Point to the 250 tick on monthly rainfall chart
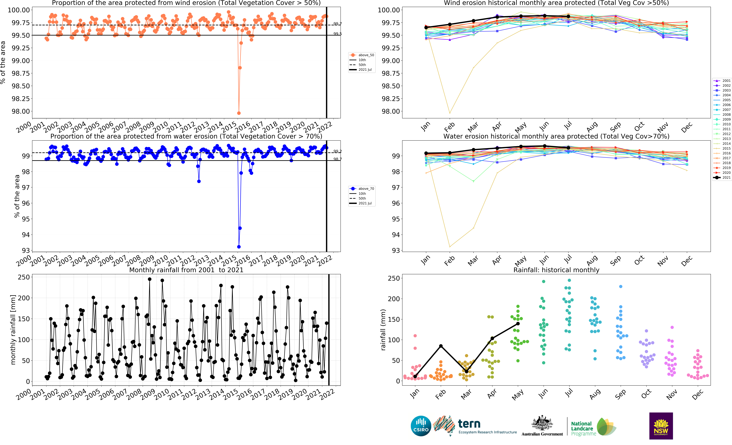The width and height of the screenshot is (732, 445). pyautogui.click(x=24, y=277)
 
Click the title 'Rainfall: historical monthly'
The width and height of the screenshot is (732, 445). pyautogui.click(x=556, y=270)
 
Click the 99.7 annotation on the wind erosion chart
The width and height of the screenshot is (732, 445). pyautogui.click(x=338, y=23)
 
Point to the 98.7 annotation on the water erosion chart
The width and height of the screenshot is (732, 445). pyautogui.click(x=338, y=159)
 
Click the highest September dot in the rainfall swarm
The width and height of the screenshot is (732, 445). pyautogui.click(x=621, y=287)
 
